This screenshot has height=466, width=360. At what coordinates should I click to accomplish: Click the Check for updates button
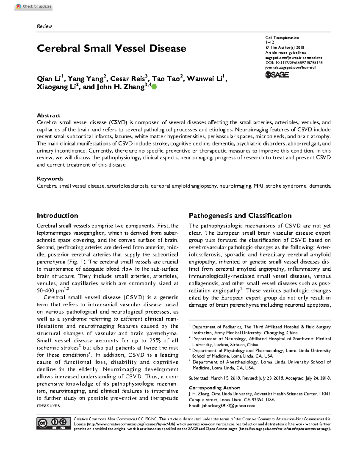coord(34,6)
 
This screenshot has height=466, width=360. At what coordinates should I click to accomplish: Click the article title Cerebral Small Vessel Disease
coord(111,48)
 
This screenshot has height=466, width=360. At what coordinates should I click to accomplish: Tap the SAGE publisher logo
coord(277,75)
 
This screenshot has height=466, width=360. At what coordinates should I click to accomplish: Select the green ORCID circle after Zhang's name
coord(154,87)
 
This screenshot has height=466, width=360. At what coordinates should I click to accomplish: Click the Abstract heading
coord(48,116)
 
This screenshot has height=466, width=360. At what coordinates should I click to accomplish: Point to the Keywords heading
coord(50,179)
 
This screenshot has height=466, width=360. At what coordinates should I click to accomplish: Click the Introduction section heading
coord(57,215)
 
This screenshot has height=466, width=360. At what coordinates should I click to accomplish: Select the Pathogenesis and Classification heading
coord(240,215)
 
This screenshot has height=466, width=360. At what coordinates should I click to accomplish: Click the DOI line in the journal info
coord(294,63)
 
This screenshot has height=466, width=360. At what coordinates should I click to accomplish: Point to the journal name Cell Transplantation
coord(282,38)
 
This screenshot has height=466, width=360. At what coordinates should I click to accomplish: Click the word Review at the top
coord(44,26)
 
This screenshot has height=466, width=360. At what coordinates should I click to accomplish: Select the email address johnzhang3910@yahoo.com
coord(228,406)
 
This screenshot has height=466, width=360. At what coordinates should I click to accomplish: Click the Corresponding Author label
coord(214,388)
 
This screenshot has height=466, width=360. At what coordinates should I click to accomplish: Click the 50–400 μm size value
coord(50,290)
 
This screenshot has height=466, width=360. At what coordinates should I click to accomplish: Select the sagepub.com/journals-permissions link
coord(294,58)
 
